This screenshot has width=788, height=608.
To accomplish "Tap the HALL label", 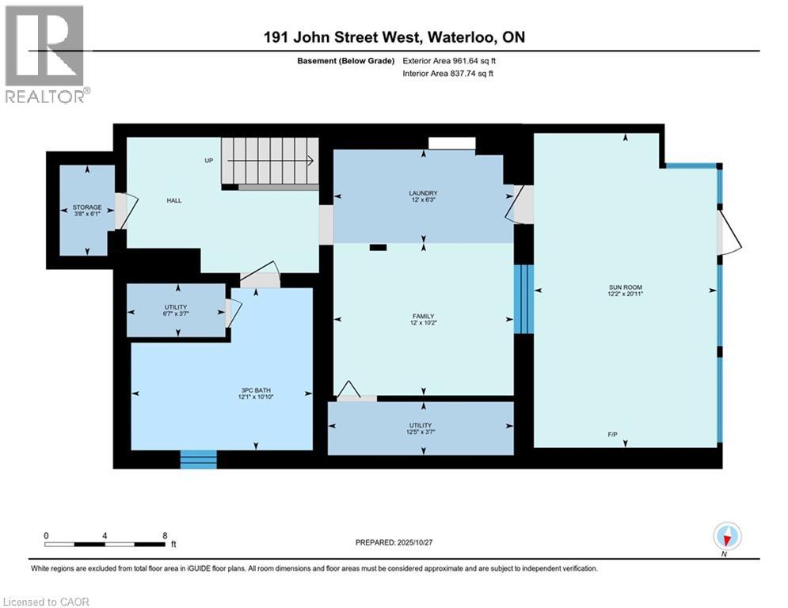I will click(174, 200).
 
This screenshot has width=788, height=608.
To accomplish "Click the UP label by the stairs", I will click(209, 160).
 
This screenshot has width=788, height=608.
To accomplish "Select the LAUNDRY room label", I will click(423, 193).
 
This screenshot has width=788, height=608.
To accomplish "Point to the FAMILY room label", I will click(423, 316).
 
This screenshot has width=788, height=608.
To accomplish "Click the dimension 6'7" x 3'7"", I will click(177, 313).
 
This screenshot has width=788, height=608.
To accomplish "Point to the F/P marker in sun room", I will click(626, 435).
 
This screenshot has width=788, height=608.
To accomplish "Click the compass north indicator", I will click(726, 538).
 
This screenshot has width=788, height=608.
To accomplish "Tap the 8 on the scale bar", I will click(164, 536).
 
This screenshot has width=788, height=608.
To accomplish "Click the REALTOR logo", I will click(45, 53).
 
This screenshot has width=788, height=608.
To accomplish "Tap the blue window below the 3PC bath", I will click(198, 459).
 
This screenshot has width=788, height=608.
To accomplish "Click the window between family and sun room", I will click(523, 299).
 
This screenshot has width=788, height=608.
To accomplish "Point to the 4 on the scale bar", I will click(105, 536).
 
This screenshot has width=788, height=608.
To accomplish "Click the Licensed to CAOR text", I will click(47, 602).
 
